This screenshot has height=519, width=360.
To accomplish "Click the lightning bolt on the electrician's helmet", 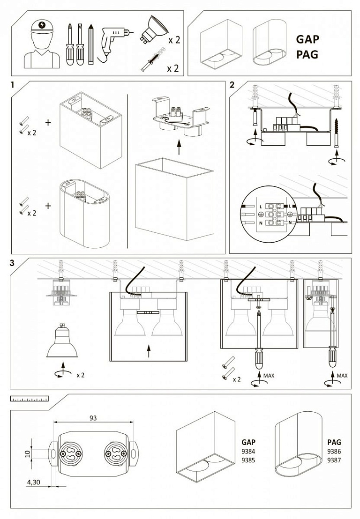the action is click(42, 25).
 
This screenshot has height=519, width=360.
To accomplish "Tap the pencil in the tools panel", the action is click(91, 44).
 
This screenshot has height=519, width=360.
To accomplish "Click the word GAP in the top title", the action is click(307, 39).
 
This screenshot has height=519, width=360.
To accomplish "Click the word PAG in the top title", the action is click(307, 54).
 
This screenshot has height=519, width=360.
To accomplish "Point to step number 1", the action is click(13, 85).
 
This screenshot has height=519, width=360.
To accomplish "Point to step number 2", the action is click(232, 85).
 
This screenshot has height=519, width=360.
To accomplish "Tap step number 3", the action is click(12, 263).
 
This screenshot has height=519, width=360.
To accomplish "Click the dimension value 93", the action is click(93, 418).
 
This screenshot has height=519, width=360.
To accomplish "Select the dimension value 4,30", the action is click(33, 482).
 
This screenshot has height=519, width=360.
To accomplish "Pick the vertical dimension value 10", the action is click(28, 453).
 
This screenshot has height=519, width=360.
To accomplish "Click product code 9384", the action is click(248, 451).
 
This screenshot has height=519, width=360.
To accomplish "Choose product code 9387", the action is click(334, 460).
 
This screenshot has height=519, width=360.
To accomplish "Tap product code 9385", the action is click(248, 460).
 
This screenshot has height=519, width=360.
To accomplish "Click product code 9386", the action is click(334, 451).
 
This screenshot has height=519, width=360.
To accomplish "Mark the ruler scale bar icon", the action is click(30, 398).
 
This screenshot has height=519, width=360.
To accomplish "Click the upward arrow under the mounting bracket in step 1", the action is click(179, 147).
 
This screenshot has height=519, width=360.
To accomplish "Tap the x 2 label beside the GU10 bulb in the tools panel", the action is click(174, 40).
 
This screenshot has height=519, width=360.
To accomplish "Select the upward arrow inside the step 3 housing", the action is click(149, 351).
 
